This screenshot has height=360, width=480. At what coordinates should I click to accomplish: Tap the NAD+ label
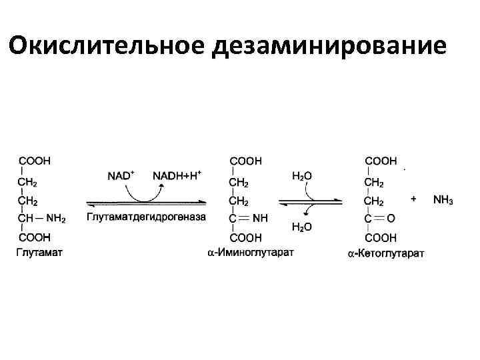point(121,175)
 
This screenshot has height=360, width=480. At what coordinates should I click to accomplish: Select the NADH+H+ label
point(177,175)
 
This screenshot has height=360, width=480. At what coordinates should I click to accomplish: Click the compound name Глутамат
point(39,251)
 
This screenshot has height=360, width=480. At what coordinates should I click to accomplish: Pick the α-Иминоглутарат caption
point(250,251)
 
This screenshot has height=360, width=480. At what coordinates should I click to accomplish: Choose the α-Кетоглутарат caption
point(386,253)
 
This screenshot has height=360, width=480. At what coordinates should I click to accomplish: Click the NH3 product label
point(443,199)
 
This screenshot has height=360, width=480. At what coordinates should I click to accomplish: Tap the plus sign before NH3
point(414,199)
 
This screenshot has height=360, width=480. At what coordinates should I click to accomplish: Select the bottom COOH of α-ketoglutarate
point(381,237)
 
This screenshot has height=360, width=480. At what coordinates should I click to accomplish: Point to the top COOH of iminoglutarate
point(245,161)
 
